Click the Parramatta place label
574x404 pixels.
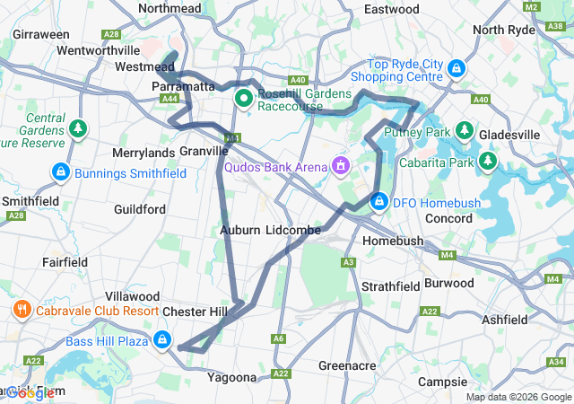tap(184, 86)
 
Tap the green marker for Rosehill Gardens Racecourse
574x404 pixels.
tap(243, 98)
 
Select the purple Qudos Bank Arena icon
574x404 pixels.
tap(340, 165)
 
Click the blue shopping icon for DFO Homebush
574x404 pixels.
tap(379, 202)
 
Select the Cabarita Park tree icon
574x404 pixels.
tap(487, 162)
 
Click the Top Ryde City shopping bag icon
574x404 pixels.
tap(456, 66)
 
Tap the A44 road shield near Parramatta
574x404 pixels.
tap(170, 99)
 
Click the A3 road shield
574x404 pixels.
tap(348, 263)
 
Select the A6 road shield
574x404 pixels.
tap(279, 338)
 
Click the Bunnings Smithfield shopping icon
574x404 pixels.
tap(60, 171)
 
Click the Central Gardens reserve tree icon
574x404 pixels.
tap(79, 128)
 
